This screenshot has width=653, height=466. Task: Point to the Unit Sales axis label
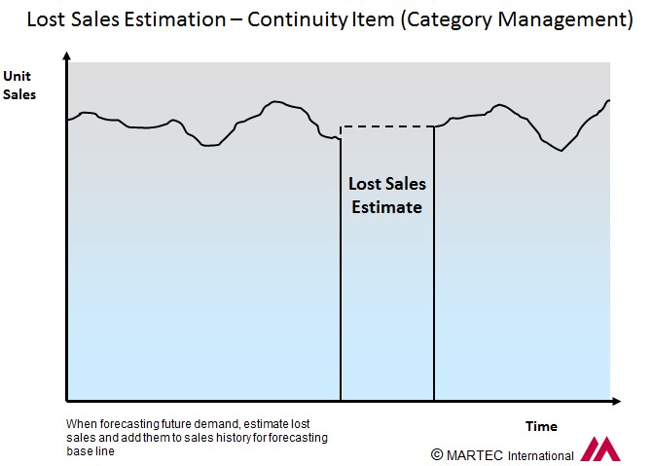[18, 86]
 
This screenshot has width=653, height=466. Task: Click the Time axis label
[541, 426]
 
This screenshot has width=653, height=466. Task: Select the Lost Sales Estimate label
[386, 195]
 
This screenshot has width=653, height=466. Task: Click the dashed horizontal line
[386, 126]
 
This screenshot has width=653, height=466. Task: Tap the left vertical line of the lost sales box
[341, 272]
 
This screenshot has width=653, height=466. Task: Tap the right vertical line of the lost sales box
[433, 272]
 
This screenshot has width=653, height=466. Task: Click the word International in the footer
[539, 455]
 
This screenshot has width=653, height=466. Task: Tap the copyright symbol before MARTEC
[437, 454]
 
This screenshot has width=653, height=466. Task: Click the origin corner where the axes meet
[67, 400]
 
